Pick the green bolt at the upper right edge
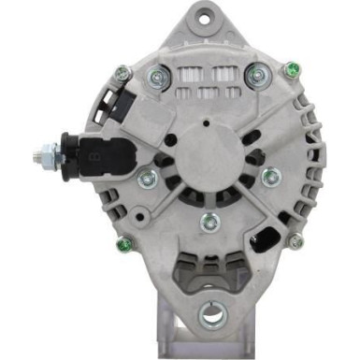coord(293,69)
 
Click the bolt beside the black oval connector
coord(295,241)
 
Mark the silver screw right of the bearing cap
coord(270,175)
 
